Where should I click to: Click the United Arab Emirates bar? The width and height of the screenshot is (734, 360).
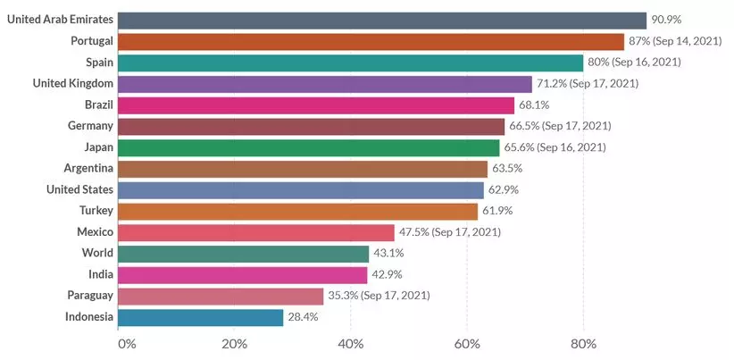[381, 21]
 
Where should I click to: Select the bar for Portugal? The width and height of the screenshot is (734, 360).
[371, 42]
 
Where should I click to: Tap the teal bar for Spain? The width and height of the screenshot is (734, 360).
[350, 63]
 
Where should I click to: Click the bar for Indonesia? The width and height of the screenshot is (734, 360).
[200, 317]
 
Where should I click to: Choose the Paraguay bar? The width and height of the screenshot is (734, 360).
[221, 296]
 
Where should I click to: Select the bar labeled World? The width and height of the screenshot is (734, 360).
[243, 254]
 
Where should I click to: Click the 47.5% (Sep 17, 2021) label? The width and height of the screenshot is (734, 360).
[450, 232]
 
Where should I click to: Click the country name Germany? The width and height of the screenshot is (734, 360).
[90, 126]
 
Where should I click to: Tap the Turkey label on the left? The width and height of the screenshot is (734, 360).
[96, 211]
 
